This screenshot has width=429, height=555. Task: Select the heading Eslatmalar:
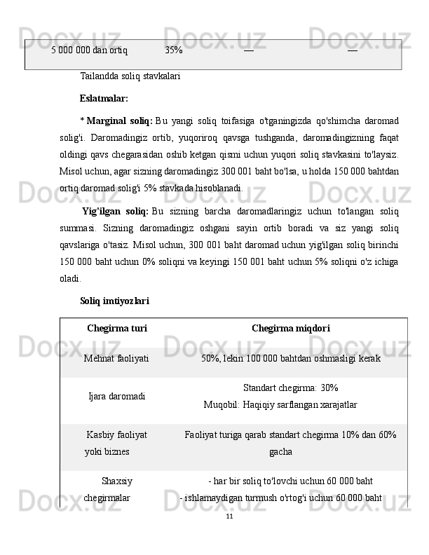(x=104, y=98)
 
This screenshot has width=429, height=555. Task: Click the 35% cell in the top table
(x=174, y=50)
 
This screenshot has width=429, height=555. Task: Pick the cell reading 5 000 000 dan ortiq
(x=89, y=50)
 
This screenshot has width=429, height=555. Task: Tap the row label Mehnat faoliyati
(x=116, y=359)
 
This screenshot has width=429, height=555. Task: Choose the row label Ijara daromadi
(x=117, y=396)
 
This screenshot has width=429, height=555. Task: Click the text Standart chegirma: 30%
(x=291, y=388)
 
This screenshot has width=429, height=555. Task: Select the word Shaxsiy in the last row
(x=117, y=481)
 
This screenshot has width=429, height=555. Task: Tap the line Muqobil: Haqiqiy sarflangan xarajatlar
(x=280, y=404)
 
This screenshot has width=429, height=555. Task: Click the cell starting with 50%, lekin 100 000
(x=291, y=359)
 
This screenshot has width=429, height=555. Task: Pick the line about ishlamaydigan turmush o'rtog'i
(x=281, y=498)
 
